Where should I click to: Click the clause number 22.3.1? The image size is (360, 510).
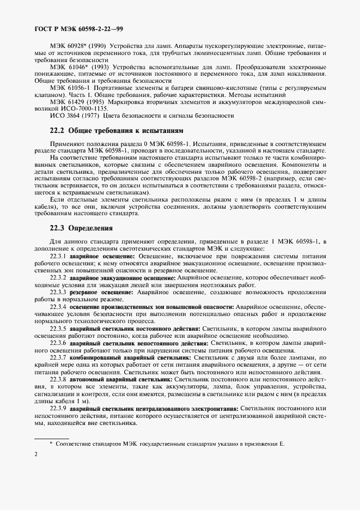click(x=58, y=256)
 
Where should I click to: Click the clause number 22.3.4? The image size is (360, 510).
click(x=58, y=307)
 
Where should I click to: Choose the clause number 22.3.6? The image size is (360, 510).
click(x=58, y=343)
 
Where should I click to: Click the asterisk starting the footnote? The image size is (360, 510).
click(x=51, y=444)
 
